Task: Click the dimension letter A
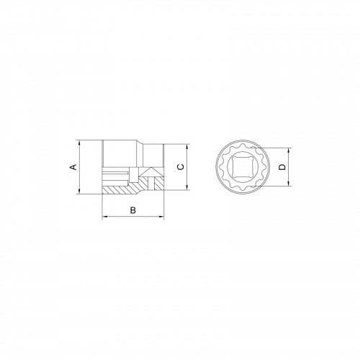[x=73, y=167]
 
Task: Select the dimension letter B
[x=133, y=210]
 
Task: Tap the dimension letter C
[x=181, y=167]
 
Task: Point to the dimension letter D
[x=283, y=167]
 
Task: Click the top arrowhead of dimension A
[x=79, y=143]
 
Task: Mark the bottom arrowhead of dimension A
[x=79, y=192]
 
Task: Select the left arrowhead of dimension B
[x=105, y=217]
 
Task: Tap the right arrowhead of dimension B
[x=161, y=217]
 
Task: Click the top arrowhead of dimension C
[x=187, y=147]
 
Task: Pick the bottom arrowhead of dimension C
[x=187, y=187]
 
